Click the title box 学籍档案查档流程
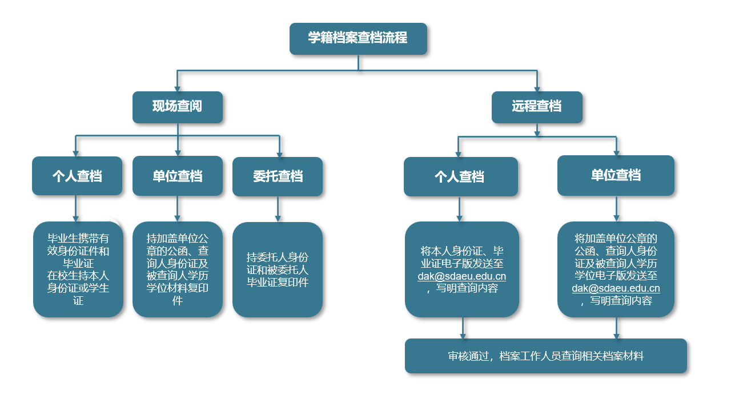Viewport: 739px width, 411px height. click(x=358, y=39)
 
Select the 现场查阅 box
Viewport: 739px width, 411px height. click(x=178, y=107)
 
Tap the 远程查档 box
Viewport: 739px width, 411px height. click(x=537, y=107)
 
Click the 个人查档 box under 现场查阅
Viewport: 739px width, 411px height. click(x=77, y=176)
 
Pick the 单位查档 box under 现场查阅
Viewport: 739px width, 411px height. click(x=178, y=176)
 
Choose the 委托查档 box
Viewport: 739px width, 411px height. click(x=278, y=176)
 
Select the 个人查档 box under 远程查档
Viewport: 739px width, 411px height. click(x=460, y=176)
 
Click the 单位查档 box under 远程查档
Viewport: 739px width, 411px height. click(x=616, y=175)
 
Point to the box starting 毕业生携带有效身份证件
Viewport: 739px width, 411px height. click(x=78, y=269)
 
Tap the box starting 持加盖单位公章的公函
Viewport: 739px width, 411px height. click(x=178, y=269)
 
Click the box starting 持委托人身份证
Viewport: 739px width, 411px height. click(x=278, y=269)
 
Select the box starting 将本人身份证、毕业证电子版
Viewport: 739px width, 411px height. click(x=462, y=269)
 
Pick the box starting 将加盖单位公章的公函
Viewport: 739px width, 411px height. click(x=616, y=269)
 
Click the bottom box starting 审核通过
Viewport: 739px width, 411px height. click(x=545, y=356)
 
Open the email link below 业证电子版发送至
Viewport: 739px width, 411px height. click(x=461, y=276)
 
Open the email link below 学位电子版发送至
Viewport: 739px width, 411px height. click(x=616, y=288)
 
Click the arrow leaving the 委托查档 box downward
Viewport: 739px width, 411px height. click(x=278, y=209)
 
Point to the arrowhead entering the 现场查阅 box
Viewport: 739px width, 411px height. click(x=177, y=88)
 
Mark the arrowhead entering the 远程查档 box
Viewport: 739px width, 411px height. click(x=537, y=88)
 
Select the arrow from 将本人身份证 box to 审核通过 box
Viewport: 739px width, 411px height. click(x=463, y=328)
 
